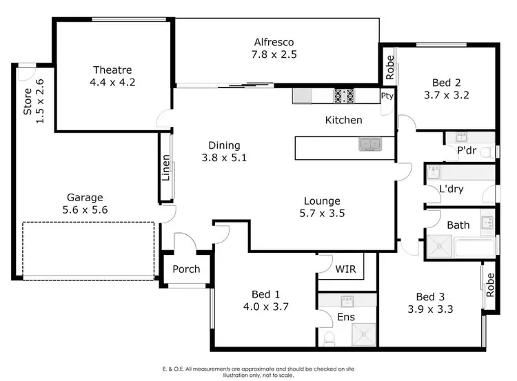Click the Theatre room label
coord(112,70)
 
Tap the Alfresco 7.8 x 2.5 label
coord(274,48)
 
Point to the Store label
coord(28,101)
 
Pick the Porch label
coord(186,269)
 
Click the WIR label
coord(345,269)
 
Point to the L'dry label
coord(451,189)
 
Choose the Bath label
coord(458,225)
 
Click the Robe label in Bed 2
coord(389,67)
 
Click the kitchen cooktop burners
coord(344,96)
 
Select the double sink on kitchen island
coord(369,145)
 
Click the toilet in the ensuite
coord(329,338)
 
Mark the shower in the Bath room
coord(439,247)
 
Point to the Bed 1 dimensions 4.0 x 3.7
coord(261,307)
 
